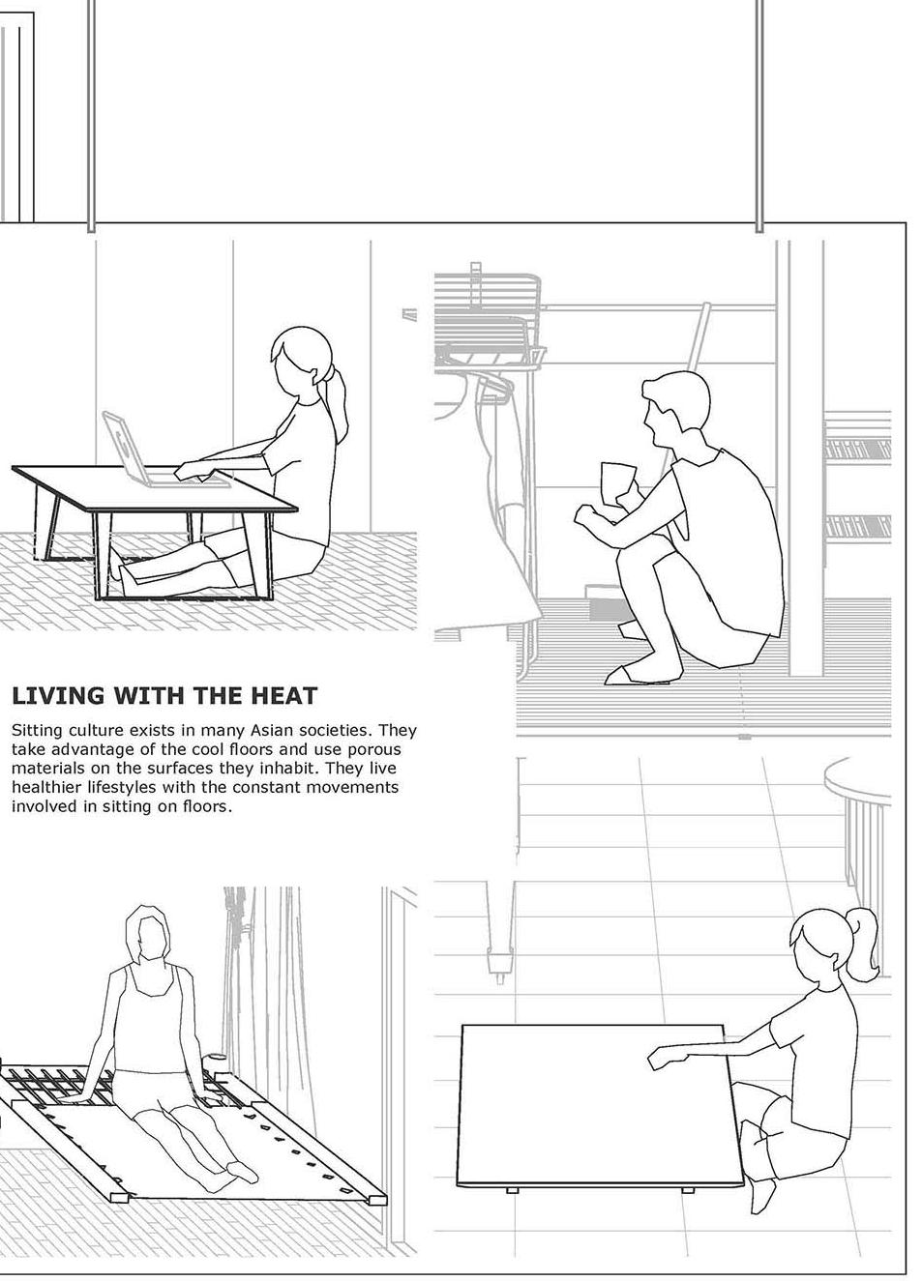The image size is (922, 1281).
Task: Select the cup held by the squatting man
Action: coord(618,481)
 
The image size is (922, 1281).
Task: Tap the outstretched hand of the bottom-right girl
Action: coord(661,1058)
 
